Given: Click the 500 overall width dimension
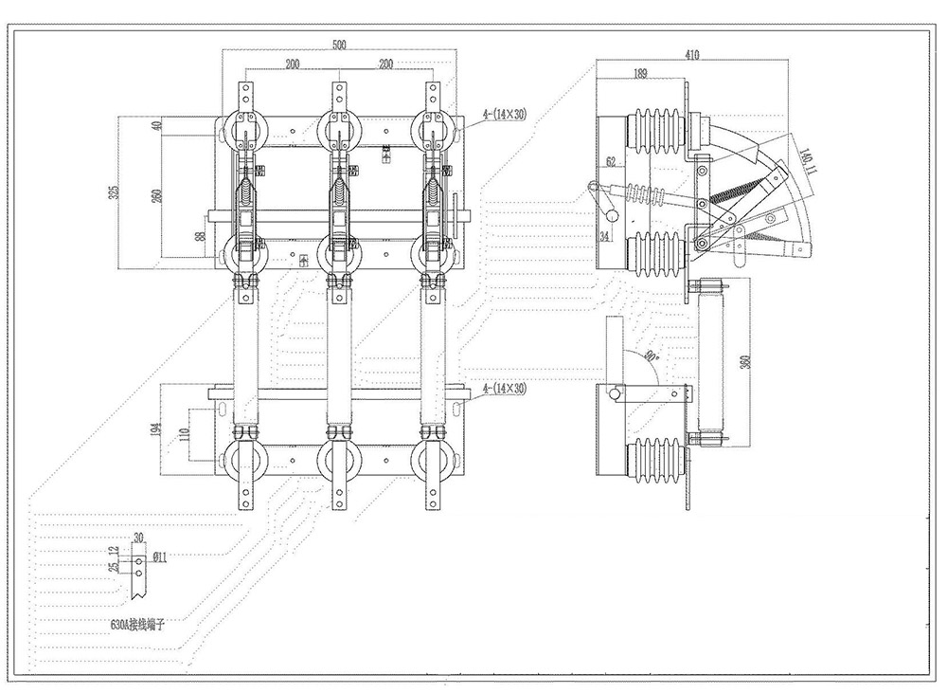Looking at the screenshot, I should [339, 45].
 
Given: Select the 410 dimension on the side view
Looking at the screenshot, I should [691, 55].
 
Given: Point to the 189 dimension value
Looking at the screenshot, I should [641, 73].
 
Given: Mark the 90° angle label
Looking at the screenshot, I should [651, 357].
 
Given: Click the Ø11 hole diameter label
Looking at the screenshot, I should [159, 556].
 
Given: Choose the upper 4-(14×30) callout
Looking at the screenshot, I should [504, 115].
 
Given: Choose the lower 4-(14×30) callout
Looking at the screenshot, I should [504, 389].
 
